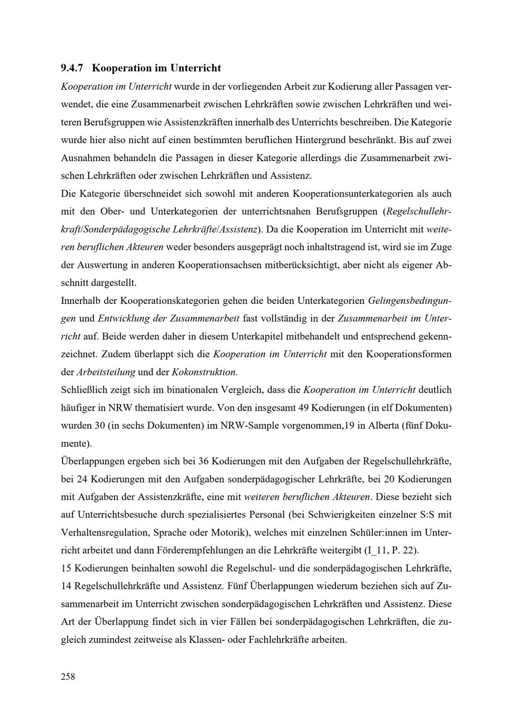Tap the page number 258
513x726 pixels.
(68, 676)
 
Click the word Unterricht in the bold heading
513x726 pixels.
(195, 68)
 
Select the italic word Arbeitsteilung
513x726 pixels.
(106, 372)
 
